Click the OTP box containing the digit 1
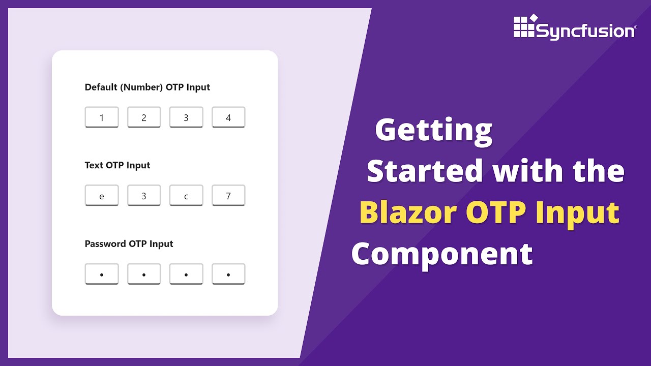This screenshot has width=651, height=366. click(x=102, y=117)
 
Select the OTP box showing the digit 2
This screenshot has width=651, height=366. click(x=144, y=117)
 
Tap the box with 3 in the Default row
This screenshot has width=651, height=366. click(x=186, y=117)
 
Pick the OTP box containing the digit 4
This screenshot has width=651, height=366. click(x=228, y=117)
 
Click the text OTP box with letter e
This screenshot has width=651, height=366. click(x=102, y=196)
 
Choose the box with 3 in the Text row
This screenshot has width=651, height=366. click(x=144, y=196)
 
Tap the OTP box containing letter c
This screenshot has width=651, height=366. click(x=186, y=196)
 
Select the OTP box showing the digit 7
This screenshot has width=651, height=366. click(x=228, y=196)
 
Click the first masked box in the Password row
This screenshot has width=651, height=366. click(x=102, y=274)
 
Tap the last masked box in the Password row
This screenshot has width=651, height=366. click(x=228, y=274)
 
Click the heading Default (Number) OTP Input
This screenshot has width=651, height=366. click(x=147, y=87)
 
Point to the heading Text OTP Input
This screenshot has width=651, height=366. click(x=117, y=166)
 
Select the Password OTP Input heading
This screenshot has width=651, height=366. click(x=129, y=244)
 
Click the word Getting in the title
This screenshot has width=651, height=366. click(x=434, y=131)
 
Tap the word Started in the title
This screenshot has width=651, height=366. click(x=425, y=171)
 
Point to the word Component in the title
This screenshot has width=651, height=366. click(x=442, y=254)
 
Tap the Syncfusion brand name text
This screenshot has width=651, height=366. click(x=585, y=32)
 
